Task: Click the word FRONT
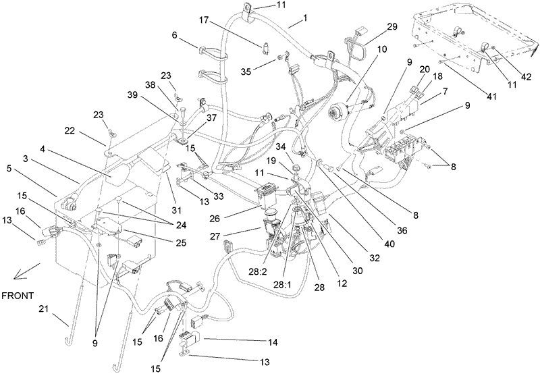pos(18,296)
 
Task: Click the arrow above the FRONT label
pos(27,271)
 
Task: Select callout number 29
pos(392,27)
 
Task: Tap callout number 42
pos(526,77)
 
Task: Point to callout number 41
pos(491,97)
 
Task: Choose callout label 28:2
pos(258,272)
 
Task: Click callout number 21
pos(43,309)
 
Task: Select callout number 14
pos(273,342)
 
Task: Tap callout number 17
pos(204,20)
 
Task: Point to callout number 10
pos(382,49)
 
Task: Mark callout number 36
pos(402,230)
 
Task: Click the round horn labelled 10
pos(339,111)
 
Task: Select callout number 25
pos(181,243)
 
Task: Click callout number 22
pos(70,131)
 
